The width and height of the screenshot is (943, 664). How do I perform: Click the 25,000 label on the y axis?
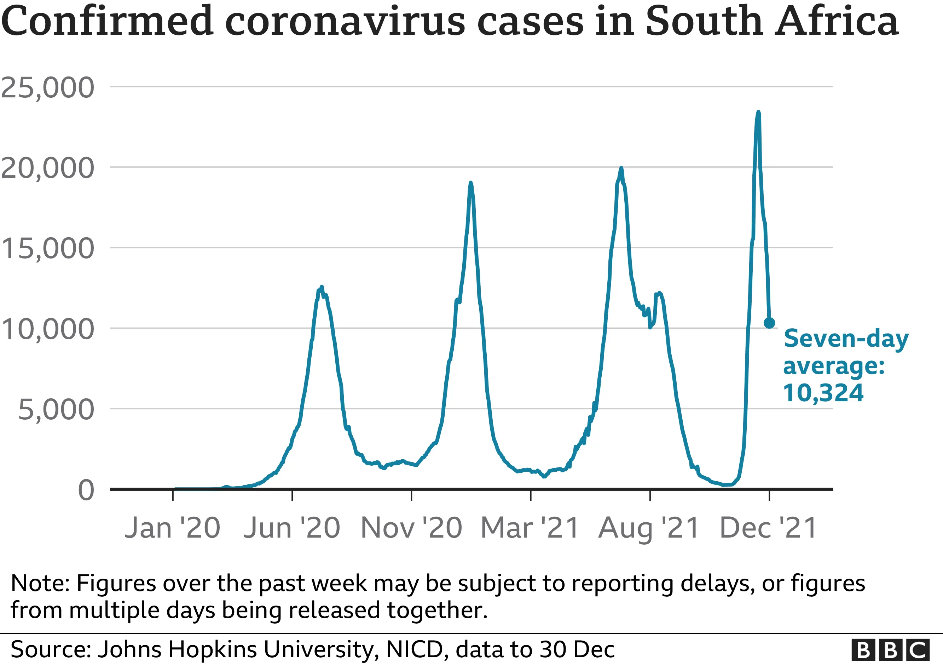coord(47,87)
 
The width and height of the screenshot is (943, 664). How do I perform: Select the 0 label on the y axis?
coord(86,490)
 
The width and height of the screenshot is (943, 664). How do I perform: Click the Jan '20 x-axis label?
coord(173,528)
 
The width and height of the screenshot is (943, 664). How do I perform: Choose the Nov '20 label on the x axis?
coord(411,528)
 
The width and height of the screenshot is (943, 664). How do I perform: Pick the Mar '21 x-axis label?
coord(530,528)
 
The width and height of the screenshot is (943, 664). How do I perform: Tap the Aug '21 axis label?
coord(649,528)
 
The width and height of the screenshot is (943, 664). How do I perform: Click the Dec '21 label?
coord(769,528)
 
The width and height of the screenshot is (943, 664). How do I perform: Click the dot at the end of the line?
coord(769,323)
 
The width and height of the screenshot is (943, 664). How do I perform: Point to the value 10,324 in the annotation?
coord(823,393)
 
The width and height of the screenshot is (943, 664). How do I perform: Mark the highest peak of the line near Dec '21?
coord(758,113)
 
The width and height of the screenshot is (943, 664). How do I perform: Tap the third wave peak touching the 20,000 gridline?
coord(621,169)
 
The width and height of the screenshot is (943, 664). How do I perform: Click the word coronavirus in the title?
coord(345,21)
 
